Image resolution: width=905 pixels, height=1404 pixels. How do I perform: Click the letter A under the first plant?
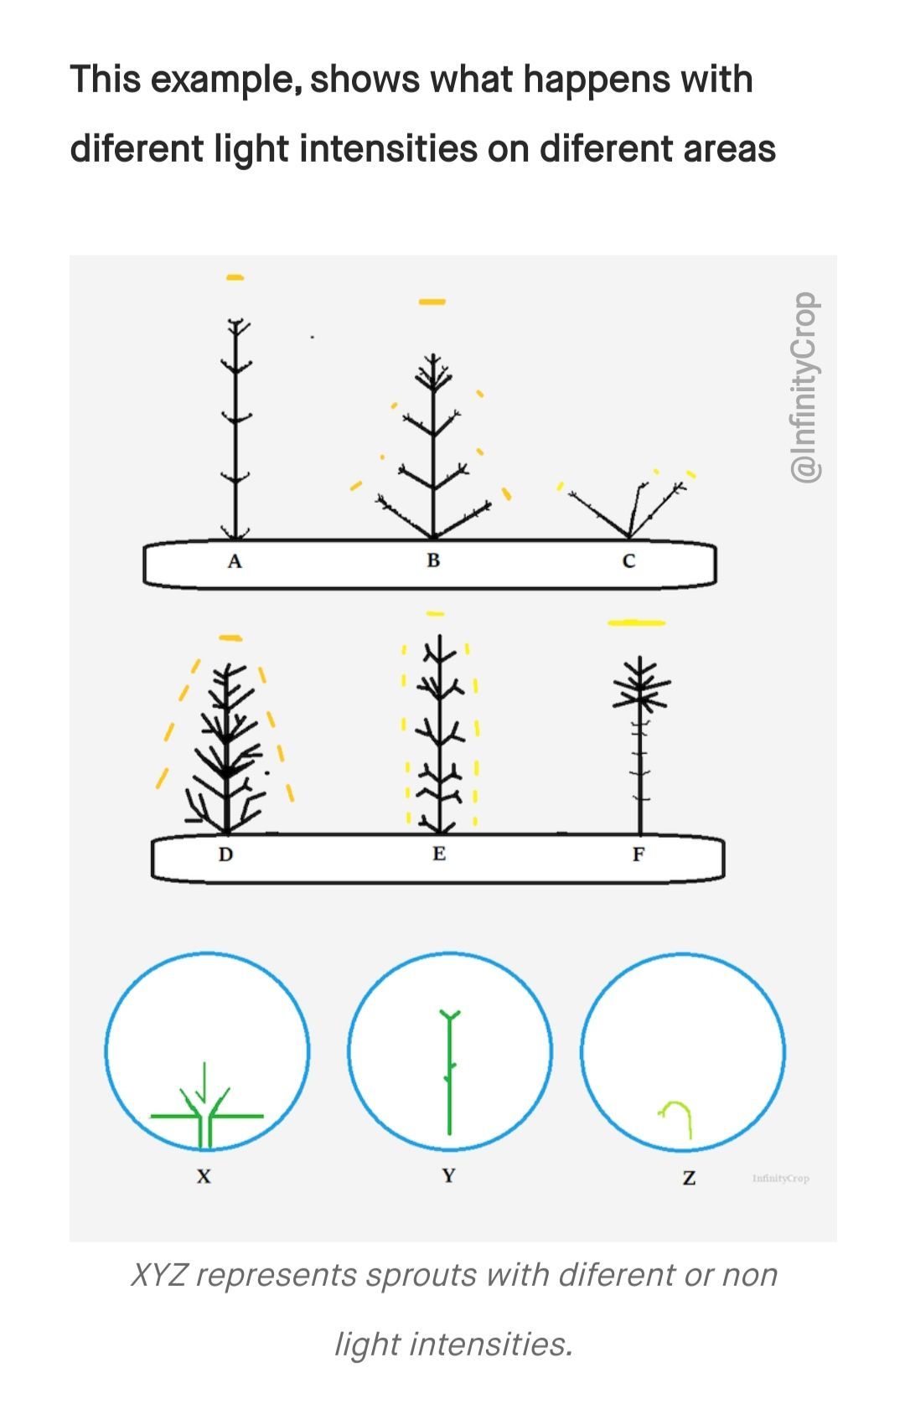[x=235, y=561]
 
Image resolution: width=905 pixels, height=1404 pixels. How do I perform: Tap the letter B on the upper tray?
[x=433, y=560]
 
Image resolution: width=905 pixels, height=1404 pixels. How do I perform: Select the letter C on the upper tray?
[x=629, y=561]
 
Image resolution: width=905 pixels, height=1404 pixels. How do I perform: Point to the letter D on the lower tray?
[x=225, y=854]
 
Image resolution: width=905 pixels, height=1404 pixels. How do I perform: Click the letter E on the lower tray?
[x=439, y=854]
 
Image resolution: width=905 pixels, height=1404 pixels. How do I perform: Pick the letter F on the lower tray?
[x=639, y=854]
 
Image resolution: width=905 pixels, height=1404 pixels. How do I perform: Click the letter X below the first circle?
[x=204, y=1176]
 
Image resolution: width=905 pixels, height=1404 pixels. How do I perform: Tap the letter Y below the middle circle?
[x=448, y=1175]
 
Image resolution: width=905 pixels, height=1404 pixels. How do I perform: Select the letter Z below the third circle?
[x=689, y=1179]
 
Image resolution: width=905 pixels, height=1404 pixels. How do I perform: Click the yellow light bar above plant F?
[x=637, y=622]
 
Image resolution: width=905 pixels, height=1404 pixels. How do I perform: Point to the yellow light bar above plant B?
[x=432, y=302]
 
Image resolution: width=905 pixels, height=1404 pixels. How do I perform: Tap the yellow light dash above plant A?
[x=235, y=277]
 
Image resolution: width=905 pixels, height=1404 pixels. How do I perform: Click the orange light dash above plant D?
[x=230, y=638]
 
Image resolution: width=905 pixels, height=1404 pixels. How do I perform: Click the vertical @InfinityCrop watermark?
[x=804, y=387]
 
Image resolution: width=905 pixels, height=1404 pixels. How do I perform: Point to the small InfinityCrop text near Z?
[x=781, y=1179]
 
